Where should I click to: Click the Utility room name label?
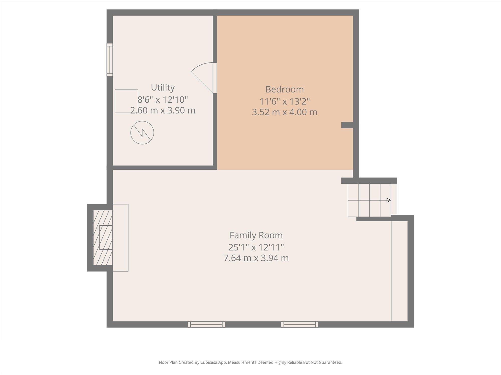[x=163, y=88]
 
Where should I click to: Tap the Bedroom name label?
[x=285, y=89]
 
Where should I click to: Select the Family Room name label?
[x=256, y=235]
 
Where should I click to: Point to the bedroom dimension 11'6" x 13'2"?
[x=285, y=101]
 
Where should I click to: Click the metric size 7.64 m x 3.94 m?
[x=256, y=258]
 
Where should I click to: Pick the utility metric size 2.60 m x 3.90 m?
[x=163, y=110]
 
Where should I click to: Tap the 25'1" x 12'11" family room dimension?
[x=256, y=247]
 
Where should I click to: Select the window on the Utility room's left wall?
[x=110, y=60]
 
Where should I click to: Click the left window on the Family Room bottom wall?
[x=206, y=324]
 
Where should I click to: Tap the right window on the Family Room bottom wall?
[x=300, y=324]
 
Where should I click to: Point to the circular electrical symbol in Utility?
[x=142, y=133]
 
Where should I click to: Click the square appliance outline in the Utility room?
[x=127, y=101]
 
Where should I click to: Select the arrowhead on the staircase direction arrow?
[x=389, y=200]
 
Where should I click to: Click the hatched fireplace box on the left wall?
[x=103, y=237]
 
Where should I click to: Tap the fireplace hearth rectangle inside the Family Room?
[x=120, y=238]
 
